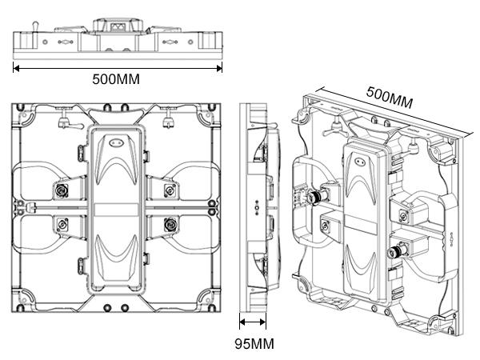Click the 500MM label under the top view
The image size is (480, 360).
[118, 81]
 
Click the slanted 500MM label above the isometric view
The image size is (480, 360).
[390, 98]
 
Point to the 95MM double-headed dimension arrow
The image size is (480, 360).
[253, 322]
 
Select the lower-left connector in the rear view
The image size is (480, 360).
[61, 225]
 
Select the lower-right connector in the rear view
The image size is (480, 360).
[170, 225]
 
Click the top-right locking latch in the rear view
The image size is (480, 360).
[168, 122]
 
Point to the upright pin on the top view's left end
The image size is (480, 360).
[34, 30]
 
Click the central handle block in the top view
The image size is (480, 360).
[117, 26]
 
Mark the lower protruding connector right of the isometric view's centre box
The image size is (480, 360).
[394, 253]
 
